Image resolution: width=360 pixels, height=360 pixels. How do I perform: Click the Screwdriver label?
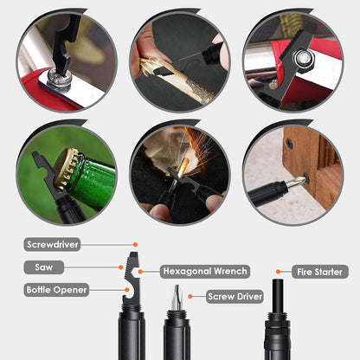(x=52, y=245)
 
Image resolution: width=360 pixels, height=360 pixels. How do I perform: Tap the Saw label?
(x=43, y=267)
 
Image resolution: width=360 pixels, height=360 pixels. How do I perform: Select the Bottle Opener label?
(x=56, y=290)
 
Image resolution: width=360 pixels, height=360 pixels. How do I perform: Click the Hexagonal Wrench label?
(x=205, y=271)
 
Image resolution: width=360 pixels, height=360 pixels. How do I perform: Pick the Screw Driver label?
(x=235, y=296)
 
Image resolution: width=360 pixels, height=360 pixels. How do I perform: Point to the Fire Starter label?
(x=320, y=272)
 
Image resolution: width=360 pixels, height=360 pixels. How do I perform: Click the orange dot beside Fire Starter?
(x=279, y=272)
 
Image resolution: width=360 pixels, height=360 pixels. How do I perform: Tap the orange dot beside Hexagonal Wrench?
(x=140, y=272)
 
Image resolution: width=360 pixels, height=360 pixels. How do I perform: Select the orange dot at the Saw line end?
(x=121, y=267)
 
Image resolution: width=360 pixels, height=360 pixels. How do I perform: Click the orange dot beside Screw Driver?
(x=190, y=296)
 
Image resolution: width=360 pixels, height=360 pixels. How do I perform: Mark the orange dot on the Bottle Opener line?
(x=126, y=290)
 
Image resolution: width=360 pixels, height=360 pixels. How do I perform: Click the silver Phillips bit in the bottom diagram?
(x=177, y=297)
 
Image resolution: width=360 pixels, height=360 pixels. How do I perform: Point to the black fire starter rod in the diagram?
(x=278, y=296)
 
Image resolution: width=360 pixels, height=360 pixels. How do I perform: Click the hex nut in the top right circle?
(x=303, y=59)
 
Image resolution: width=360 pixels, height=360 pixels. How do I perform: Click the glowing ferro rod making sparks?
(x=183, y=168)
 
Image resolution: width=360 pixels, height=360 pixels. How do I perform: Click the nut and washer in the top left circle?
(x=59, y=78)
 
